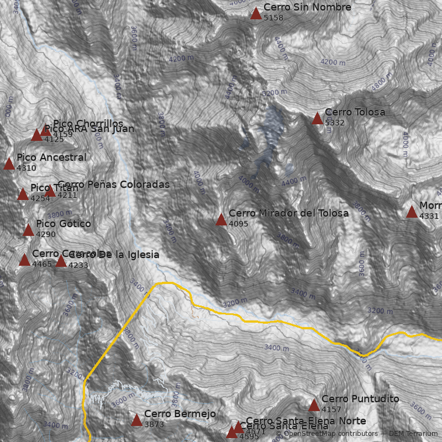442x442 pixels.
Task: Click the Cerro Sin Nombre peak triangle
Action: tap(256, 13)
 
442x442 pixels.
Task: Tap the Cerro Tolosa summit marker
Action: tap(317, 118)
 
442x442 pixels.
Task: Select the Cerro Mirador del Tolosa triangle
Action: tap(221, 219)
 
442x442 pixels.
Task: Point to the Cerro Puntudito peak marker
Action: tap(314, 405)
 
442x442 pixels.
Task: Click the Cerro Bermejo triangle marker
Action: tap(136, 420)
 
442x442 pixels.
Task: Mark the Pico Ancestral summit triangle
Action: tap(9, 164)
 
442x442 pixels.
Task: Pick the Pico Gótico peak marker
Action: tap(28, 230)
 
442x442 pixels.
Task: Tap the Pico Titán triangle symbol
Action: tap(23, 194)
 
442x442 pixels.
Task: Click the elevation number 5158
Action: tap(273, 18)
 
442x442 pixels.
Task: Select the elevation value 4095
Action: tap(238, 224)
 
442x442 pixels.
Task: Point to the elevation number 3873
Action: tap(154, 424)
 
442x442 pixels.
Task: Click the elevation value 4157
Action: tap(331, 409)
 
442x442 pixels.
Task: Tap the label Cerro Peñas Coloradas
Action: tap(113, 184)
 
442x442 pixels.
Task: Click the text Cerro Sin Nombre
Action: tap(307, 7)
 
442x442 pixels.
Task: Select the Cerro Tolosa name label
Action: tap(355, 112)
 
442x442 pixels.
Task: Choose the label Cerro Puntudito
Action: tap(360, 398)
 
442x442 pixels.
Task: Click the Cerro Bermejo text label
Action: tap(180, 414)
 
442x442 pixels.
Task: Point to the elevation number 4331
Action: tap(429, 216)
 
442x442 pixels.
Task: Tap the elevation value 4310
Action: tap(27, 168)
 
